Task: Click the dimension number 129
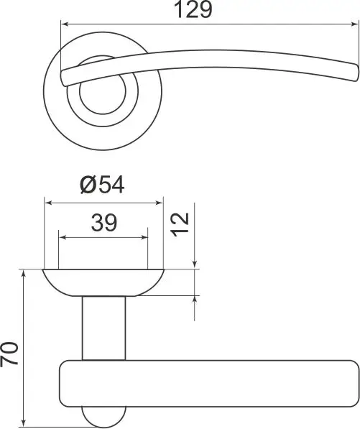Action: (x=193, y=10)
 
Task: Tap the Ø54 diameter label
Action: (x=102, y=185)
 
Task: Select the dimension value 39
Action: (x=104, y=223)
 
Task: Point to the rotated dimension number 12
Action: (x=180, y=224)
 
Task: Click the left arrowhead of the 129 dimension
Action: (x=65, y=24)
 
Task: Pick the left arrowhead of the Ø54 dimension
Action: (x=48, y=203)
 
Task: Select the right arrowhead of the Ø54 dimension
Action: (x=160, y=203)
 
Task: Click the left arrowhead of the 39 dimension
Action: (x=63, y=237)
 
